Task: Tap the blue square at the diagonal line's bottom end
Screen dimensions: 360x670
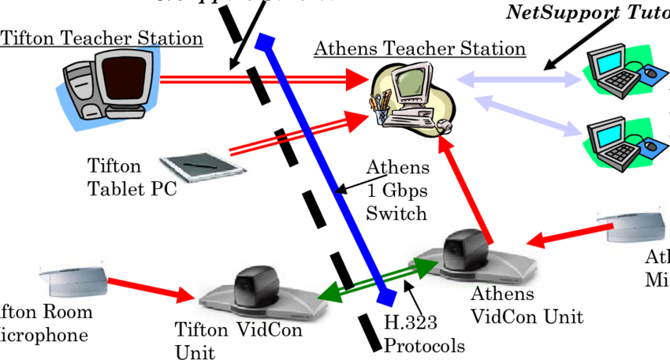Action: coord(385,298)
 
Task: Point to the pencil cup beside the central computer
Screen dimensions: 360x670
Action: coord(382,110)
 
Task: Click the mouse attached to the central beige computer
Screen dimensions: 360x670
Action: coord(443,124)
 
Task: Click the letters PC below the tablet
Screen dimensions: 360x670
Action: coord(163,187)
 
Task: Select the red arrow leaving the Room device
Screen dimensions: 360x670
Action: coord(150,289)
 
